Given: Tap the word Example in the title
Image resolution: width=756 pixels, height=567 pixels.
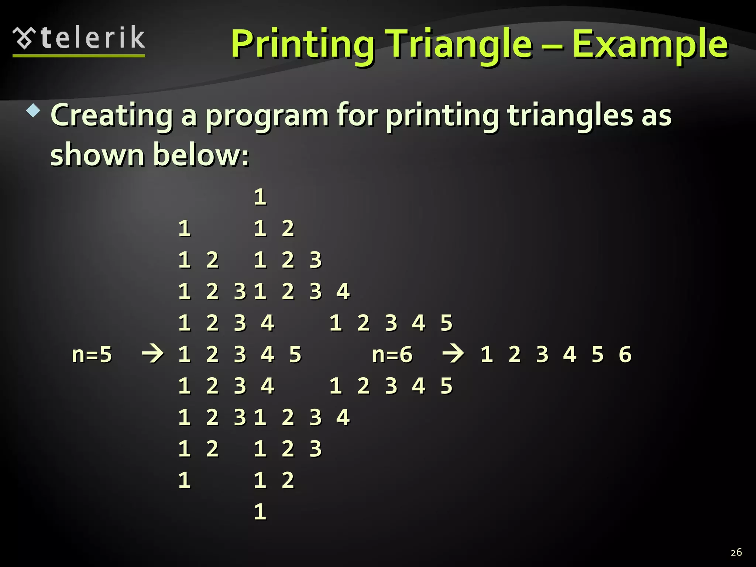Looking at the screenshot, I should (x=650, y=45).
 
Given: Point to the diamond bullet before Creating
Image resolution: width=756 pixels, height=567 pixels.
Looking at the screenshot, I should (x=33, y=111).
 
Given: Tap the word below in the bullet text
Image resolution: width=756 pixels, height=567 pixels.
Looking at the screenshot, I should (x=201, y=155).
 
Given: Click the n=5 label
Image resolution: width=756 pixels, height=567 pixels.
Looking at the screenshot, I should (x=92, y=354).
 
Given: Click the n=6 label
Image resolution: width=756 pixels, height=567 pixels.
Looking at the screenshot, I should (x=392, y=354).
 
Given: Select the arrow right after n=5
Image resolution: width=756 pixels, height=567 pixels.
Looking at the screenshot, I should (x=153, y=354).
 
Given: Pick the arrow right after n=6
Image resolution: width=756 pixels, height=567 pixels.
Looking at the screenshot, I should (x=453, y=354).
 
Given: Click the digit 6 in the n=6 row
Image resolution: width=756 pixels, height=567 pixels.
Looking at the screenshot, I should (x=625, y=354).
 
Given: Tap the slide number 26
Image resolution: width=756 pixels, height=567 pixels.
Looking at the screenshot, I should (x=736, y=552).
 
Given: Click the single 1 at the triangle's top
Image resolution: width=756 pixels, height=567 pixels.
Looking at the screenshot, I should (x=260, y=197).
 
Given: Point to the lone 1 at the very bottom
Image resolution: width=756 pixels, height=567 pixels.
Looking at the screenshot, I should (x=260, y=512).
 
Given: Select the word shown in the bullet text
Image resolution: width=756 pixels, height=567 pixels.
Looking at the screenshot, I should (x=97, y=155).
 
